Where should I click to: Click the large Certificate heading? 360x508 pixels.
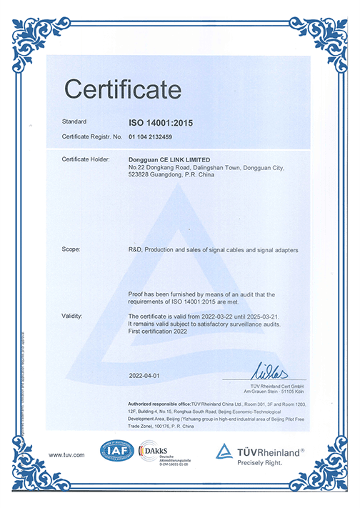point(122,89)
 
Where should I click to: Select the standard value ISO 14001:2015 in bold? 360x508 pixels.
point(160,122)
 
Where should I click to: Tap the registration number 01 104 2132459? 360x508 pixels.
point(156,135)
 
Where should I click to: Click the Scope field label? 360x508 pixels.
point(71,249)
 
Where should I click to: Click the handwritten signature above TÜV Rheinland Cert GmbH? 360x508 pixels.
point(269,370)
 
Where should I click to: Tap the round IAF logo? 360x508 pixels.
point(117,452)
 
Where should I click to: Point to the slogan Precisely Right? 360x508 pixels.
point(261,463)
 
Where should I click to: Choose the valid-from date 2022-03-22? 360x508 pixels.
point(213,314)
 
